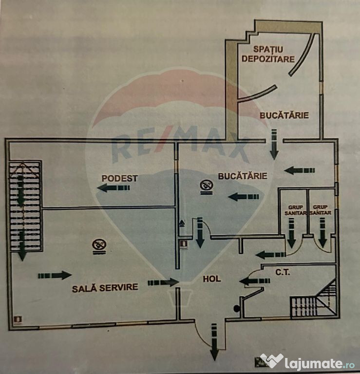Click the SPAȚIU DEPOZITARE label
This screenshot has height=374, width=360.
(274, 54)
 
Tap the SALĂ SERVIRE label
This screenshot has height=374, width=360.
(105, 287)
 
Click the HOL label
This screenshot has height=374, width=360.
(212, 279)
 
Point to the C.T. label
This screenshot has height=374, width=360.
(283, 272)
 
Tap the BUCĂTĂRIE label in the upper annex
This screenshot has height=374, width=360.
(284, 115)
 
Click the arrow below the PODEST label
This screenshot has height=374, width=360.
(110, 188)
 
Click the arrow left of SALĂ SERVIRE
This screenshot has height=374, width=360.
(55, 276)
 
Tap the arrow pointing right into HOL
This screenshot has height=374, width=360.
(163, 282)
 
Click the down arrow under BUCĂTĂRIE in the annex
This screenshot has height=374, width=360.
(274, 144)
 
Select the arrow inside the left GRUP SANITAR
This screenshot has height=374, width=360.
(292, 233)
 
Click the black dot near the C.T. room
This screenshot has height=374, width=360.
(237, 308)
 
